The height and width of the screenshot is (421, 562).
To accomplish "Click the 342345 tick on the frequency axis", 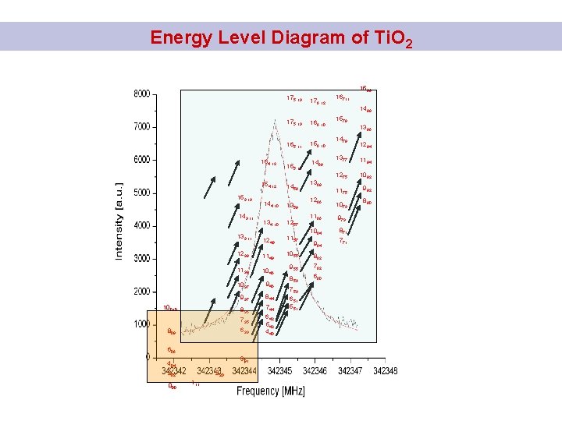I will (280, 371).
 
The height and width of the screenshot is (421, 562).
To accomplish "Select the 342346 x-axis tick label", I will (315, 371).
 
